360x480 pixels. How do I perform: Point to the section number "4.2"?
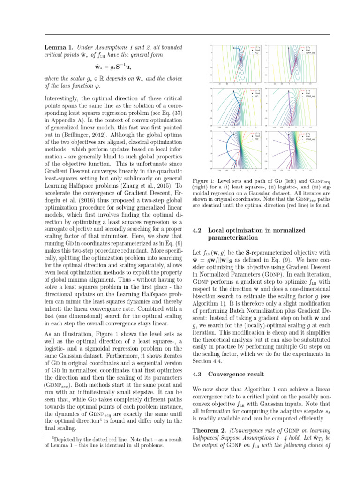[197, 230]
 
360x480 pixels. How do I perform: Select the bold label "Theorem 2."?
[210, 431]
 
